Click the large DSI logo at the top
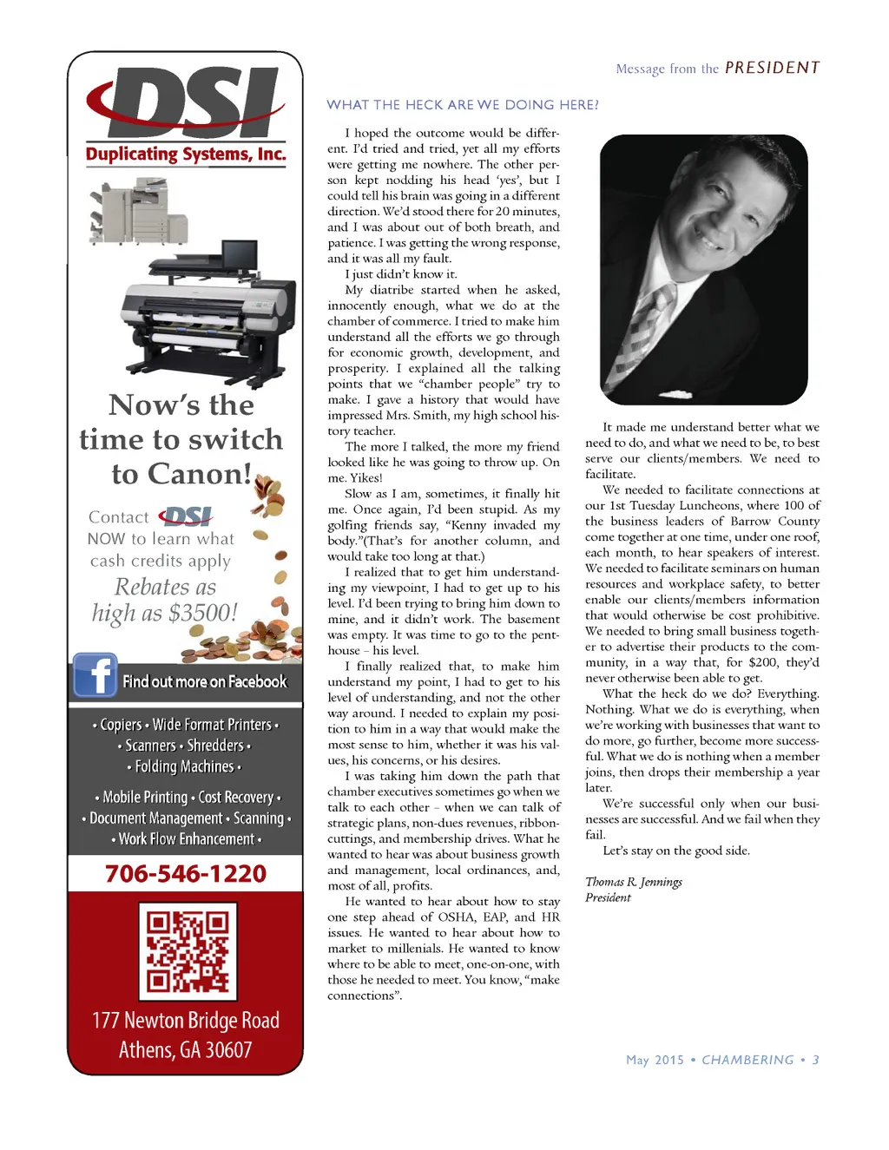(186, 102)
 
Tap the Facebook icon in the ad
(95, 675)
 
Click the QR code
(188, 951)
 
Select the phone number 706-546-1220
(186, 874)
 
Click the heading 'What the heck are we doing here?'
(463, 105)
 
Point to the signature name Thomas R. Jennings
(634, 882)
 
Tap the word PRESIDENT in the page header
(772, 68)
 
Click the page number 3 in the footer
(815, 1060)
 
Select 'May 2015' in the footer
(655, 1060)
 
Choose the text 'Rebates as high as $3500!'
(164, 600)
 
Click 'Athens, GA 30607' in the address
(186, 1050)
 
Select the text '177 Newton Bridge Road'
(186, 1020)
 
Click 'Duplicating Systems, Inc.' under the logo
(186, 154)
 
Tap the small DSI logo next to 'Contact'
(187, 517)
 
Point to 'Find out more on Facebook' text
(205, 682)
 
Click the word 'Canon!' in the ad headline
(200, 474)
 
